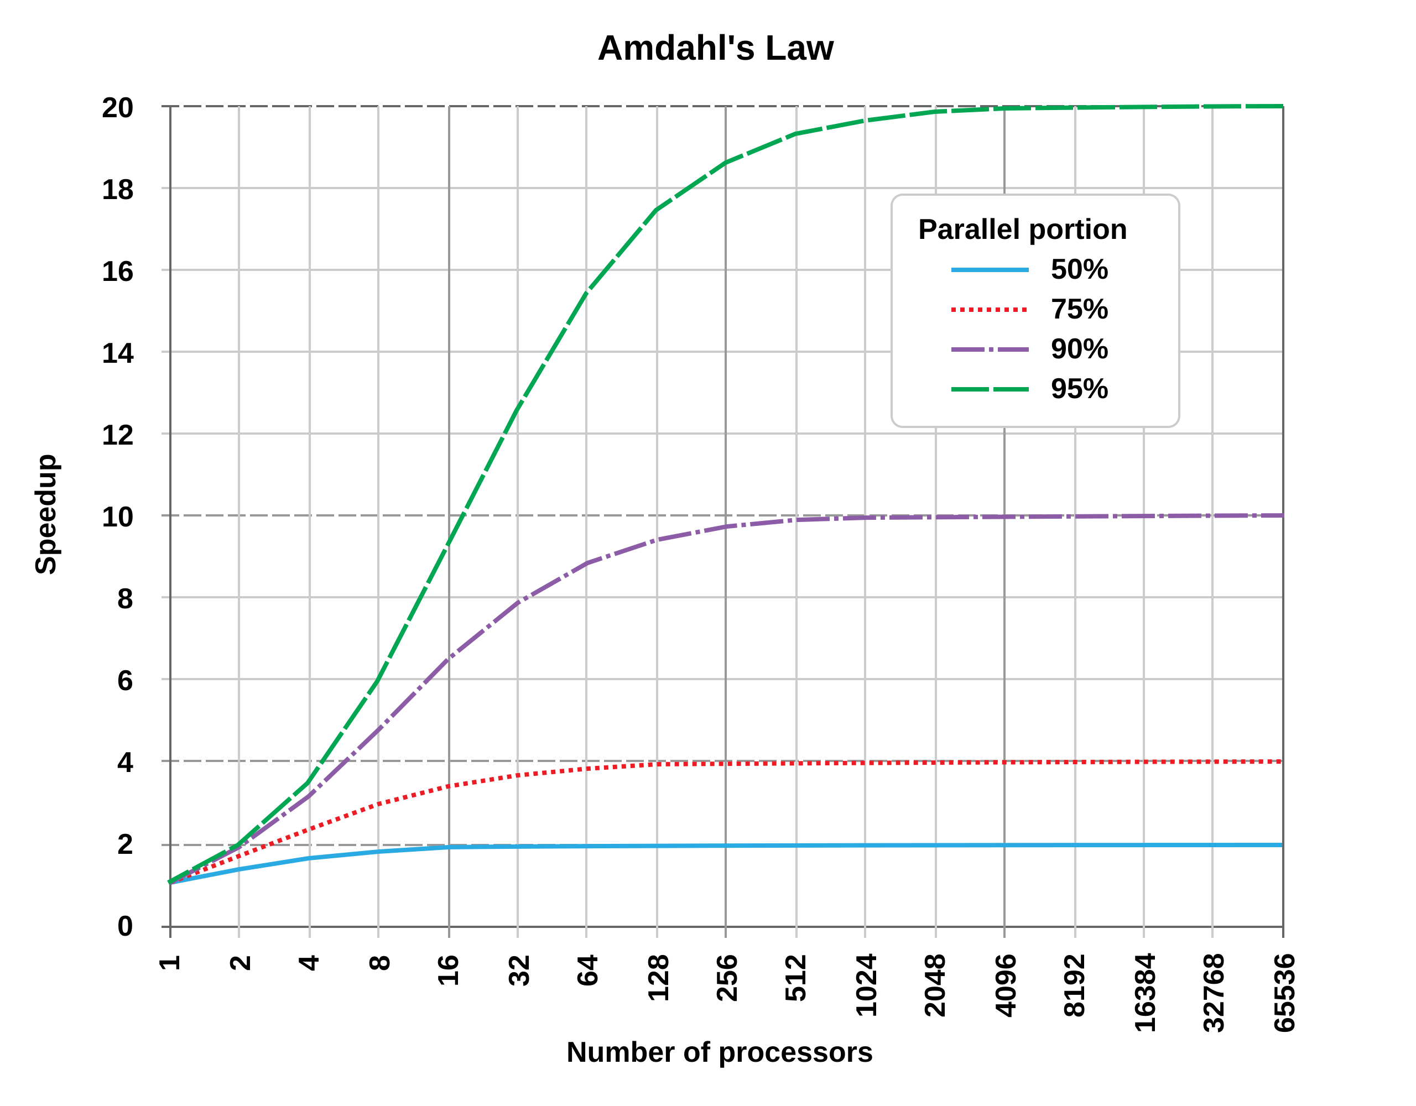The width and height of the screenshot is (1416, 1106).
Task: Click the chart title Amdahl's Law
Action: (715, 49)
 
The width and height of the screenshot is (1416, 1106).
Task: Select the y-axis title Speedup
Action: (46, 514)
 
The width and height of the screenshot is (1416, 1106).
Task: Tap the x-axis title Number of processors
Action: (719, 1052)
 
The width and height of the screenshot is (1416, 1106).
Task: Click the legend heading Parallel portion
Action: (1022, 229)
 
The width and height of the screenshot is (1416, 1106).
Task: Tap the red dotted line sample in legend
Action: (990, 310)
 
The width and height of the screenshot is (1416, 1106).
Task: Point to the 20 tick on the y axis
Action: (117, 108)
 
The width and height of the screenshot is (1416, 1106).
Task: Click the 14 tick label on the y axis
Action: (117, 353)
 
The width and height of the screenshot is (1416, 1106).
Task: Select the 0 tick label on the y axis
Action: (125, 927)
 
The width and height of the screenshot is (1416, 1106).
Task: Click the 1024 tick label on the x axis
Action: (866, 985)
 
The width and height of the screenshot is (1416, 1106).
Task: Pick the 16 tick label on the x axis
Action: (449, 970)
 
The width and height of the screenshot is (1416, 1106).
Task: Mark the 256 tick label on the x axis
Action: (727, 978)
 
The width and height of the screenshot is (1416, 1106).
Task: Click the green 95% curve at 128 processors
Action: (657, 210)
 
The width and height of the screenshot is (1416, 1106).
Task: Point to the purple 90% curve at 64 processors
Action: (587, 563)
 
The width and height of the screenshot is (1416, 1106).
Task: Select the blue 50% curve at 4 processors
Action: (309, 858)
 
